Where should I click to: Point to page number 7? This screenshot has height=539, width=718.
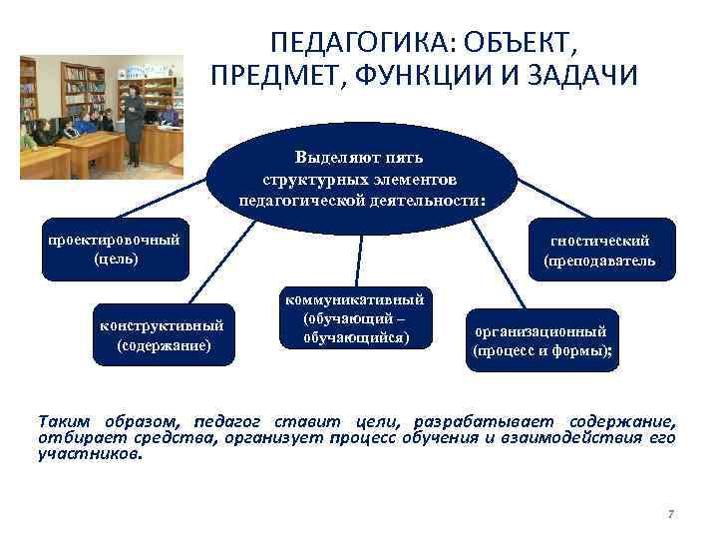click(670, 514)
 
